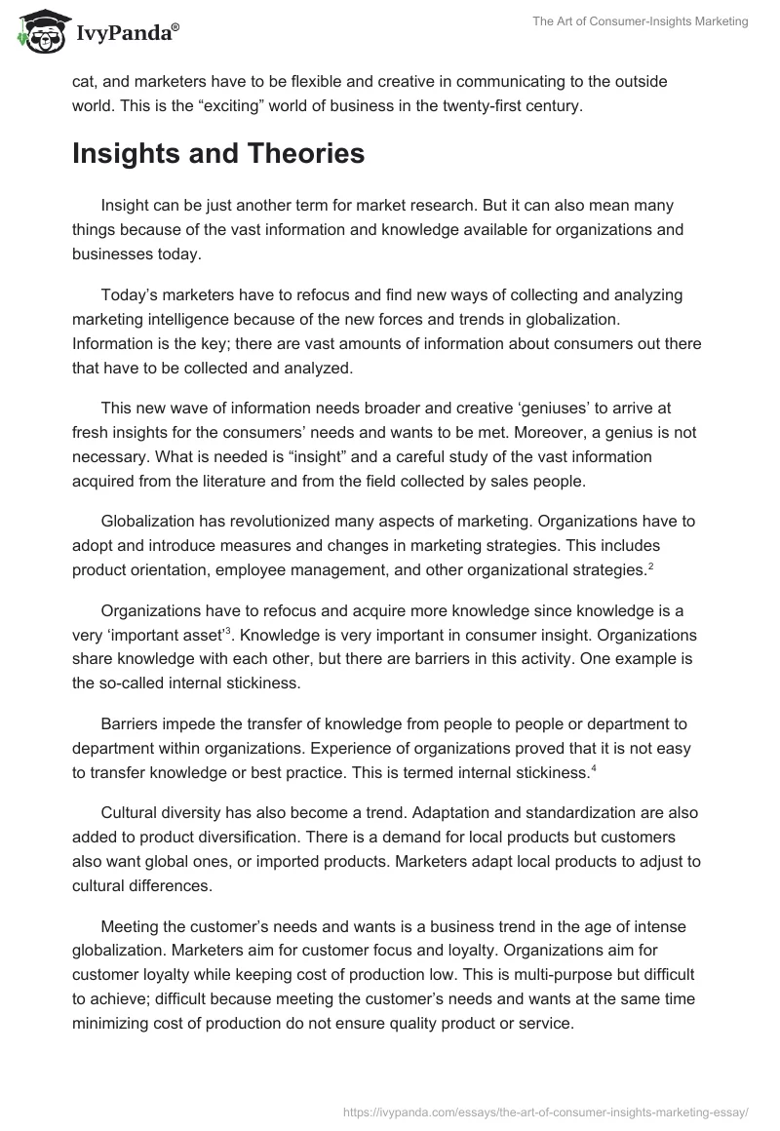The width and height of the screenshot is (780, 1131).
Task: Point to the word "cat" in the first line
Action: coord(83,82)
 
